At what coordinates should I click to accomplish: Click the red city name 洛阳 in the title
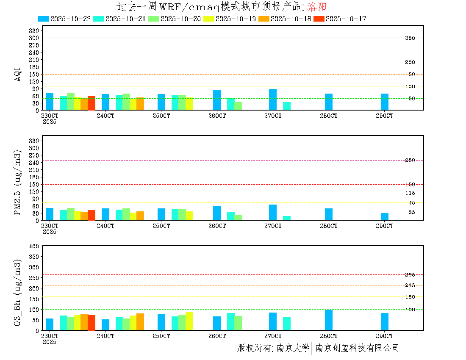(316, 7)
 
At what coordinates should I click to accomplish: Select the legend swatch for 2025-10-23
(44, 19)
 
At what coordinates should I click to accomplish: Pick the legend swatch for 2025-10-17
(319, 19)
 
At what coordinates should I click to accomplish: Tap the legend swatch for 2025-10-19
(208, 19)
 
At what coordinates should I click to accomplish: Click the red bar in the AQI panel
(92, 103)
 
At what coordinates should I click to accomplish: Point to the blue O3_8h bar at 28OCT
(329, 320)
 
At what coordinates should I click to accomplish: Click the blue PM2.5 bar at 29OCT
(385, 216)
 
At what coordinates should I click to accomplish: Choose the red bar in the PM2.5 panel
(92, 215)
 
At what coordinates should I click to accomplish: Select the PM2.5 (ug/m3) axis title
(18, 182)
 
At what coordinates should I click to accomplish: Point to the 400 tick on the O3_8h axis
(34, 246)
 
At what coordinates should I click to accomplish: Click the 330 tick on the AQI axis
(34, 30)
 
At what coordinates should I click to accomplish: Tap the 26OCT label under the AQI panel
(217, 116)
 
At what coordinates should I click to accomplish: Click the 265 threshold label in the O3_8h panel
(410, 275)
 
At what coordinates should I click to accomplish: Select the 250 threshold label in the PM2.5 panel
(410, 160)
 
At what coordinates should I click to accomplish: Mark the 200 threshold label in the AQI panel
(410, 62)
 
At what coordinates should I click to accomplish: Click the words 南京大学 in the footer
(293, 348)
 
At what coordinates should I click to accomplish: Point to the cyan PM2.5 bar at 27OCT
(287, 218)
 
